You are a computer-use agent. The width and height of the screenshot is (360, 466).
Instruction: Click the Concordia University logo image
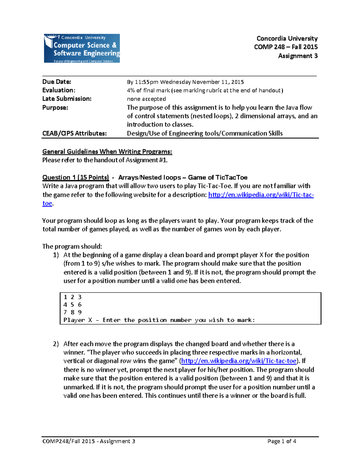[x=82, y=48]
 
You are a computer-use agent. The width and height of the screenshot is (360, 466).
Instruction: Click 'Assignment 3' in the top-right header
[x=298, y=56]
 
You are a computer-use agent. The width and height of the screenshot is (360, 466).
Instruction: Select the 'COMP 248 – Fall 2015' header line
[x=286, y=47]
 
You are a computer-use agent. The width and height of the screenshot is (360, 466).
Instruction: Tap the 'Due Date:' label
[x=57, y=82]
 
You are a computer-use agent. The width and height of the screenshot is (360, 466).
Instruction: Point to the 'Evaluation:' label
[x=59, y=90]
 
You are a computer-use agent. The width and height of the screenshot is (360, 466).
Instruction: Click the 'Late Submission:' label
[x=67, y=99]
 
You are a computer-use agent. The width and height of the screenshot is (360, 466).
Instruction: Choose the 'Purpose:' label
[x=55, y=107]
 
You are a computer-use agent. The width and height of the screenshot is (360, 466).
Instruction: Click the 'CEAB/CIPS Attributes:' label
[x=74, y=133]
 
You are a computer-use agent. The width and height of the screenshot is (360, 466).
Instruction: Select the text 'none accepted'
[x=146, y=99]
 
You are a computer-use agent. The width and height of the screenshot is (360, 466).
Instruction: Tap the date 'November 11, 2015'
[x=218, y=82]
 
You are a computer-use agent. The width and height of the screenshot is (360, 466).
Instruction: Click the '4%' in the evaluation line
[x=131, y=90]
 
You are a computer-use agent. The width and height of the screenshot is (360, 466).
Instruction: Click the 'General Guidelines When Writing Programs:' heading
[x=107, y=152]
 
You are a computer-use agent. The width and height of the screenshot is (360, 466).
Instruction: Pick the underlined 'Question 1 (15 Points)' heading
[x=76, y=177]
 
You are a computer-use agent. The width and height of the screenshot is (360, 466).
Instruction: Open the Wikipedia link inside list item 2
[x=239, y=361]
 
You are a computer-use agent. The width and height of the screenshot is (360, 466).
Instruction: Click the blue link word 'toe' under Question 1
[x=47, y=203]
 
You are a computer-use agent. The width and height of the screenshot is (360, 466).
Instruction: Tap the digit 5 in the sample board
[x=72, y=305]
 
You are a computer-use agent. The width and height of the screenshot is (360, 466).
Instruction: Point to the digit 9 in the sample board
[x=80, y=312]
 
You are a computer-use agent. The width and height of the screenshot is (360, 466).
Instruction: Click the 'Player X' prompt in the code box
[x=78, y=320]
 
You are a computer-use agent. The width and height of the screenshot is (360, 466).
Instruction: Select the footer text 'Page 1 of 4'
[x=282, y=441]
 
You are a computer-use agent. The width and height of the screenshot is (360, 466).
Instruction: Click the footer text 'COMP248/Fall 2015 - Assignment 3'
[x=89, y=441]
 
